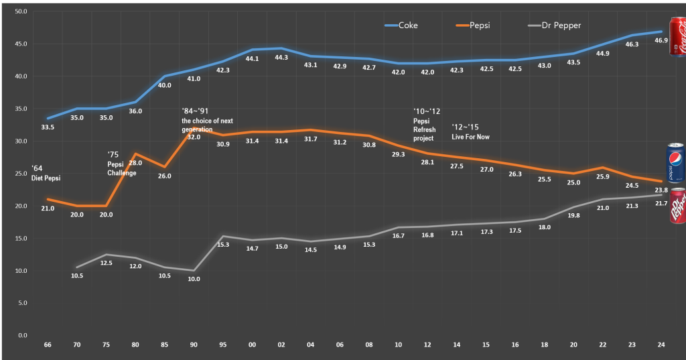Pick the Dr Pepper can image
point(676,206)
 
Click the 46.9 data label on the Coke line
point(661,41)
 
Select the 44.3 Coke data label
point(281,58)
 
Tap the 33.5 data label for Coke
point(48,127)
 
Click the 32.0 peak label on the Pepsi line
point(194,137)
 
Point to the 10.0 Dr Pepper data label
point(194,279)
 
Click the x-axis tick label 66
point(48,345)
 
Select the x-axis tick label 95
point(223,345)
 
